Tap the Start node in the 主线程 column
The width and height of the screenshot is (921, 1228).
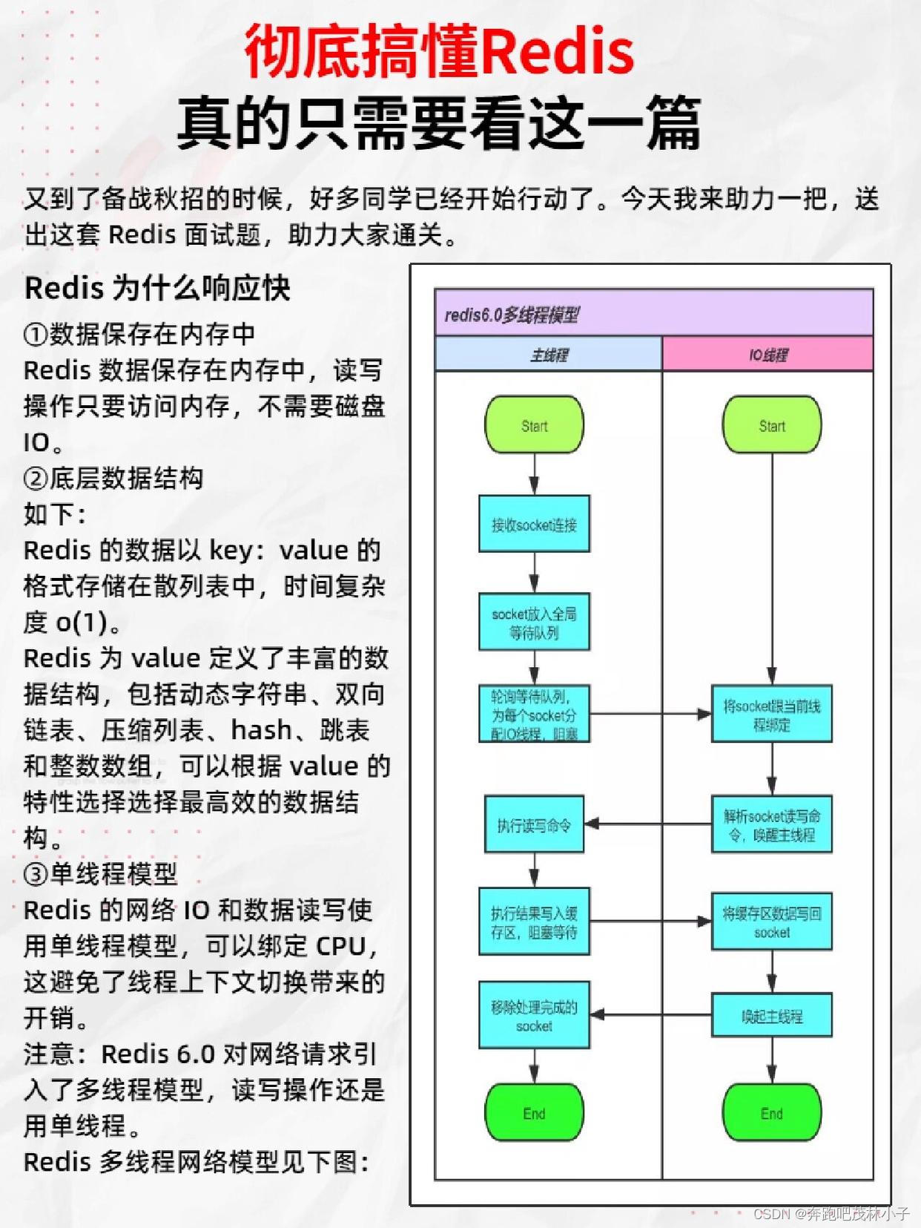534,424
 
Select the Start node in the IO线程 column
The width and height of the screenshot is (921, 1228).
771,424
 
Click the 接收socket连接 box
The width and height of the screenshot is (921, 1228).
534,524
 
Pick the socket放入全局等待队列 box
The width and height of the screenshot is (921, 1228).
534,622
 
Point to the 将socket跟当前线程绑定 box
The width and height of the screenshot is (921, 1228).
771,714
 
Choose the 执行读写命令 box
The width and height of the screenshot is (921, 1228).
534,824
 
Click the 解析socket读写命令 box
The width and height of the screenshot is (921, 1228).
771,824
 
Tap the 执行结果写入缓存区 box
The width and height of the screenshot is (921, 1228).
534,921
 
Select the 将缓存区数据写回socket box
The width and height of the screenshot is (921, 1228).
771,922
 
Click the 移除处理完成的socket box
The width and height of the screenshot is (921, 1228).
534,1015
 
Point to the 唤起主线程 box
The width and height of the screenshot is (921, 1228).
771,1015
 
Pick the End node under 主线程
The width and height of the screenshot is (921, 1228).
534,1112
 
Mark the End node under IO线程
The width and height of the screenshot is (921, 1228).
771,1112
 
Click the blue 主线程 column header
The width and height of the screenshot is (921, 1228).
549,355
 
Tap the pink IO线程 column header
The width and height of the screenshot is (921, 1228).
767,355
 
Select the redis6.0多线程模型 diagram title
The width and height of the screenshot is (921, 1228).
512,315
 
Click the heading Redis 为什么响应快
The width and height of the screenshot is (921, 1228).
157,288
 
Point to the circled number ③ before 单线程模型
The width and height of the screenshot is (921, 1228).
36,874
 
